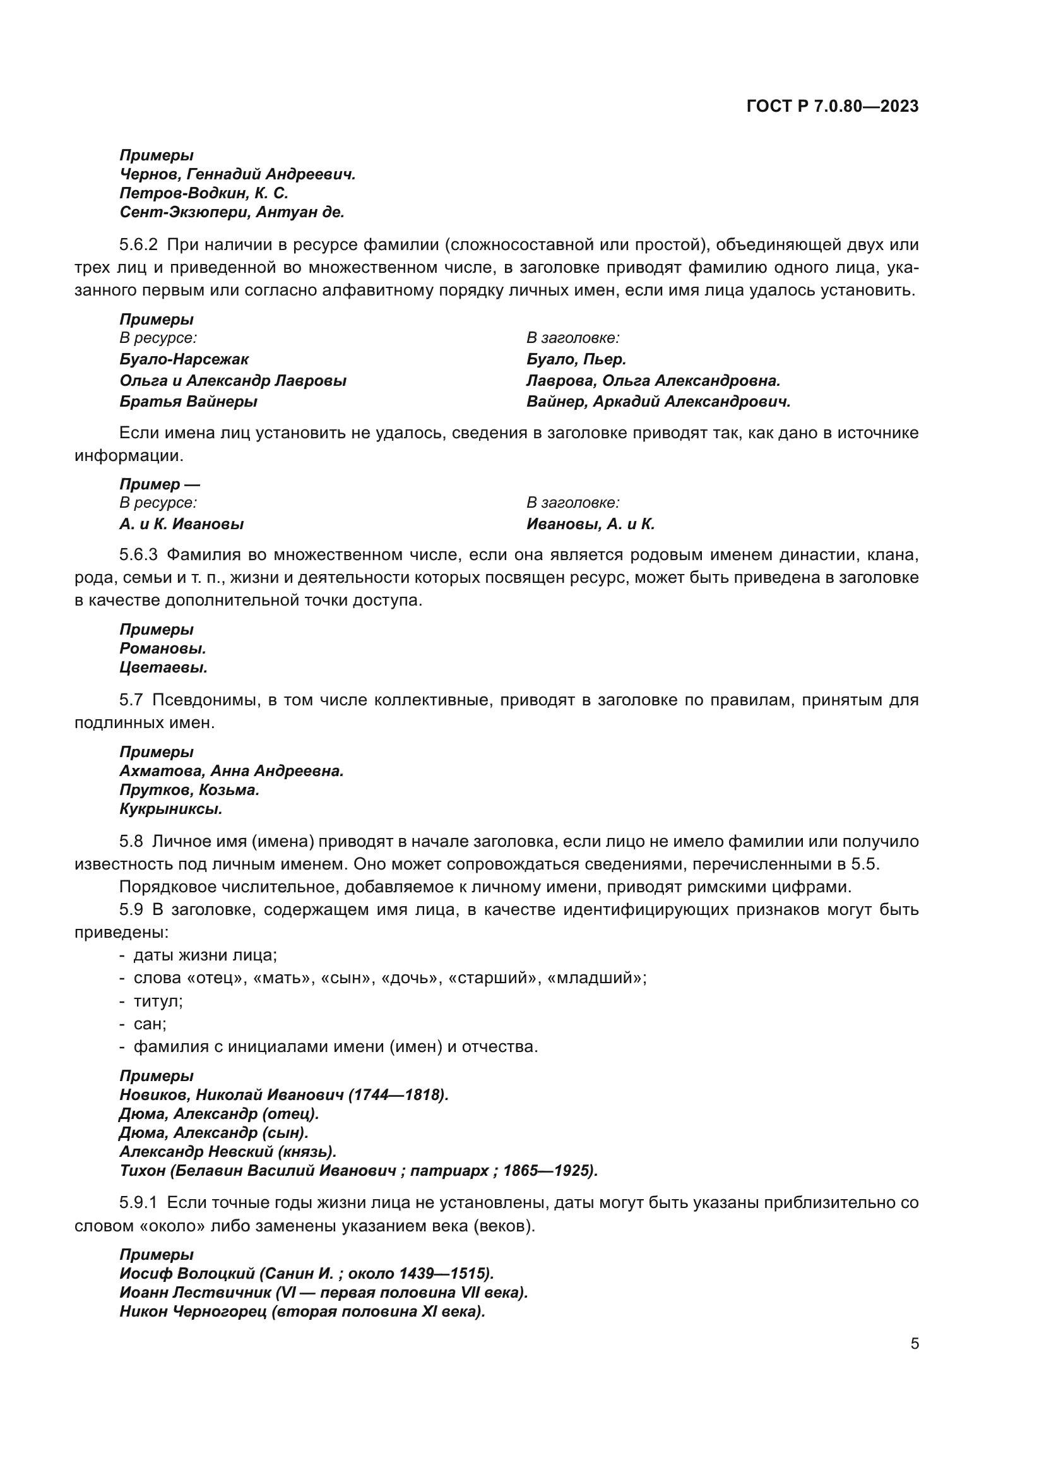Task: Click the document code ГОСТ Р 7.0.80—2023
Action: tap(833, 107)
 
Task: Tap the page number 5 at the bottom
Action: tap(914, 1344)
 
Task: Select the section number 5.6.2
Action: tap(138, 245)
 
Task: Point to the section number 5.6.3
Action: tap(138, 554)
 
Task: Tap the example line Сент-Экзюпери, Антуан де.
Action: tap(232, 212)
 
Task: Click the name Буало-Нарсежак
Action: tap(184, 359)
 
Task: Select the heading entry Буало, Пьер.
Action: tap(576, 359)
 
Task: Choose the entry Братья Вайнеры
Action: tap(188, 402)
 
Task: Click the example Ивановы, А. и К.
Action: tap(590, 524)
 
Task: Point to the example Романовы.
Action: tap(163, 649)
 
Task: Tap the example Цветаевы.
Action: tap(163, 667)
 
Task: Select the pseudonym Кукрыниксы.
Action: tap(170, 810)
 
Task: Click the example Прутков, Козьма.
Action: tap(189, 790)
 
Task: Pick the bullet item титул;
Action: tap(158, 1001)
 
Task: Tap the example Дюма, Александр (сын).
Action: tap(213, 1133)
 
